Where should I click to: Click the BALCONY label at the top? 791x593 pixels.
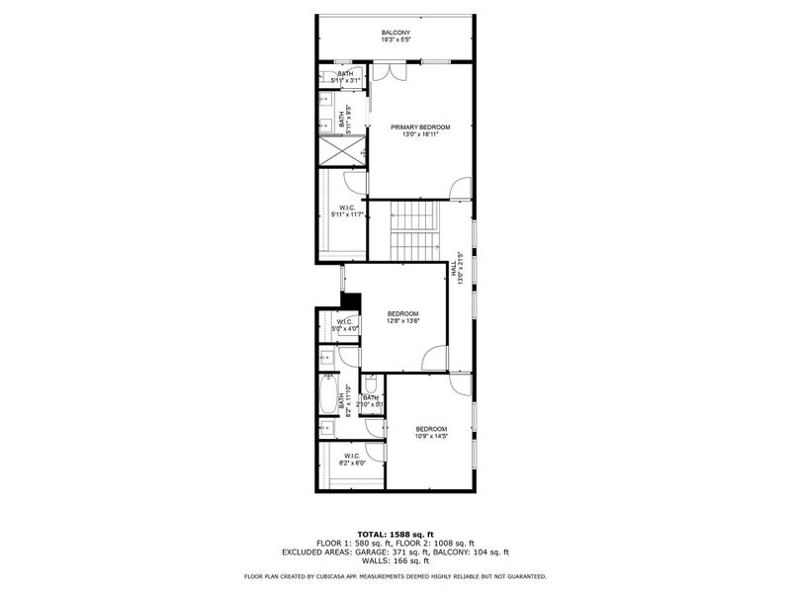(x=395, y=34)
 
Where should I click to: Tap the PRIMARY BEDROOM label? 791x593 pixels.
(x=420, y=127)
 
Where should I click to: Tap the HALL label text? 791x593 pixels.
(x=454, y=267)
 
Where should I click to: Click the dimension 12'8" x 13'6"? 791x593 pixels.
(x=402, y=321)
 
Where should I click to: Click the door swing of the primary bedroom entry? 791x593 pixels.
(x=460, y=189)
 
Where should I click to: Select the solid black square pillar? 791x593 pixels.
(x=349, y=300)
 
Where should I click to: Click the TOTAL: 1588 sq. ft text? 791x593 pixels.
(x=395, y=534)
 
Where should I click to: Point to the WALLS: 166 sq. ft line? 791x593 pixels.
(x=395, y=560)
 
